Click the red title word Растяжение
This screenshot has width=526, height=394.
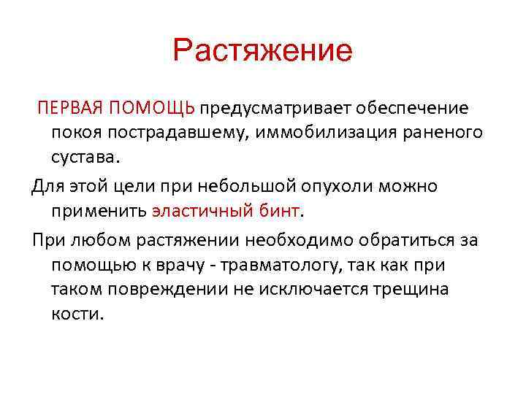(263, 52)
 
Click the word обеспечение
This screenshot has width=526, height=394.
(418, 109)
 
